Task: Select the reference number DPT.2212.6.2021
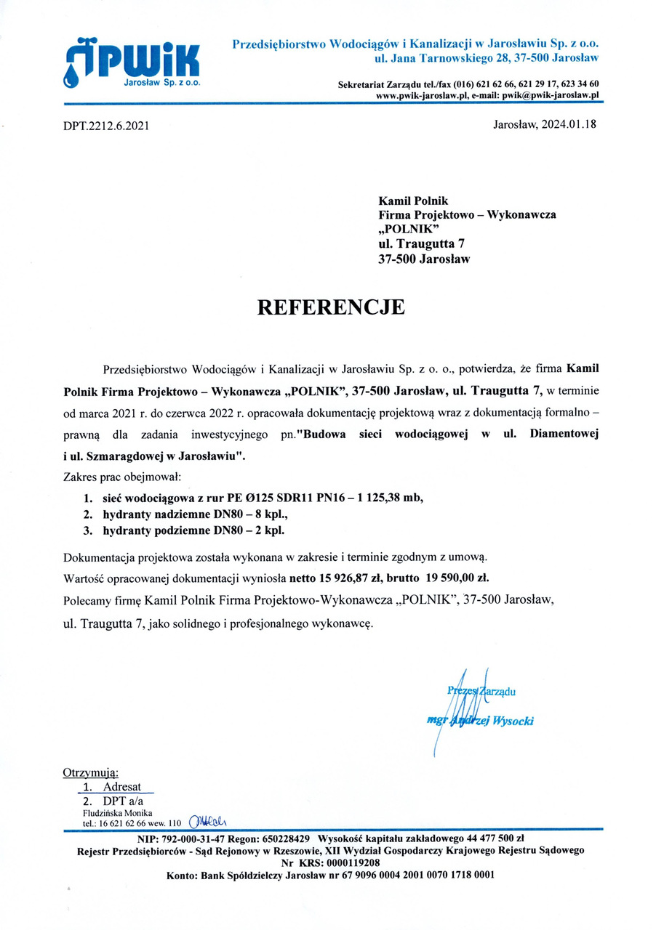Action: click(106, 126)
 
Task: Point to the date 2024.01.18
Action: click(568, 124)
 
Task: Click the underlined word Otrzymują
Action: click(91, 772)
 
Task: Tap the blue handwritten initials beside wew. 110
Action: click(208, 822)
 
